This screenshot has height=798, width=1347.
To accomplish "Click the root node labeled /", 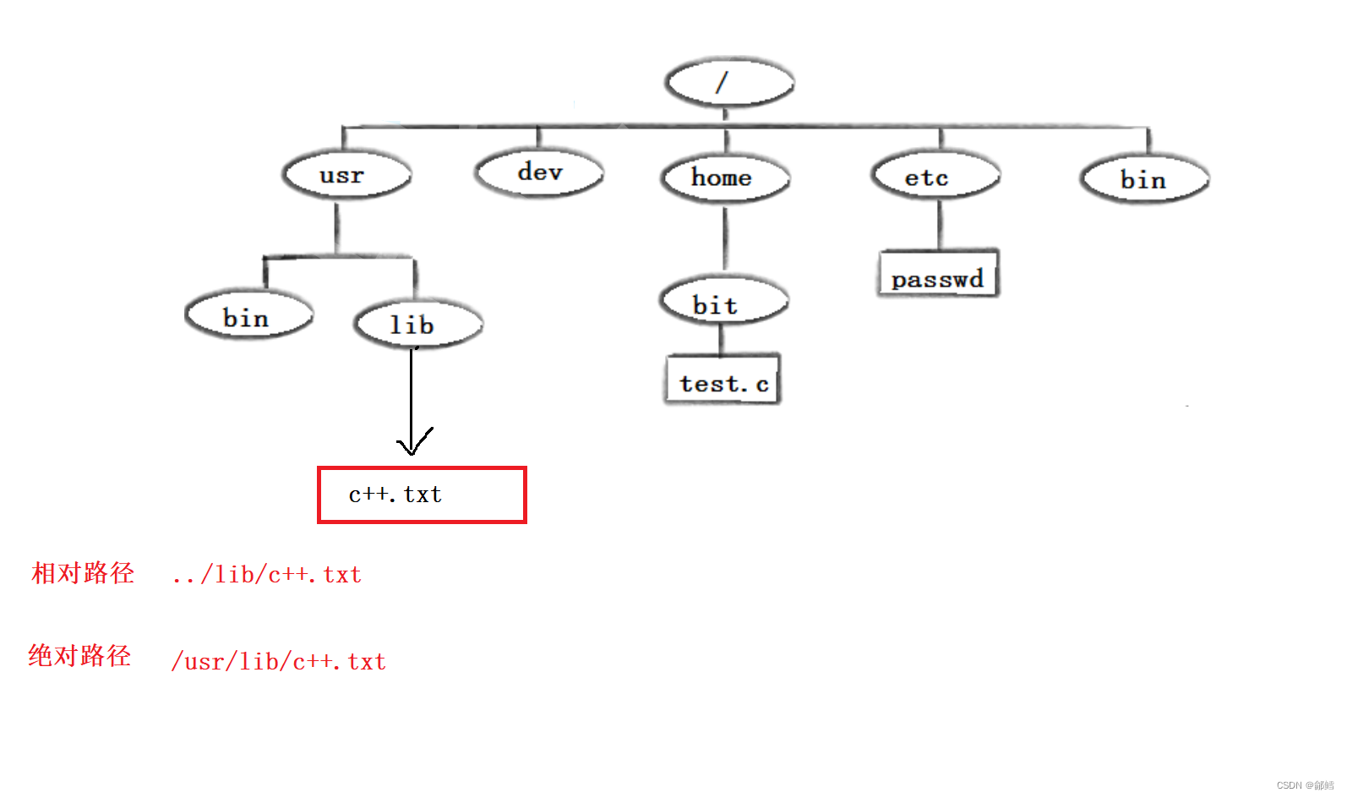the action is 729,82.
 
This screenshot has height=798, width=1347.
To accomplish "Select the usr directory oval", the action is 346,175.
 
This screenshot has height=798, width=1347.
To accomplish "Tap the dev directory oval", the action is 539,172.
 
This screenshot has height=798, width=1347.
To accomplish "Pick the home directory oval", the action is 725,178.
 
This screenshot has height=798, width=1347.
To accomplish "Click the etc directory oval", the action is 935,178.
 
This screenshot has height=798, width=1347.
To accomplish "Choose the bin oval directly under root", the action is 1144,180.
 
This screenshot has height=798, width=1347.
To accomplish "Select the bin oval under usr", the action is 248,317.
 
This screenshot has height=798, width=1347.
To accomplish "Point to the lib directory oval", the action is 418,324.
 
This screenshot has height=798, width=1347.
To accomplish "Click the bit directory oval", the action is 723,303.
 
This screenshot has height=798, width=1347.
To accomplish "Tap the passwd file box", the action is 938,274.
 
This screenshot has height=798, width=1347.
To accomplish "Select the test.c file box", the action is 723,380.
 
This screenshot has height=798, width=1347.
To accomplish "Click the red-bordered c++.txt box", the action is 422,495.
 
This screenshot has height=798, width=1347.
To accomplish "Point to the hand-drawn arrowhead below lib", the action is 412,443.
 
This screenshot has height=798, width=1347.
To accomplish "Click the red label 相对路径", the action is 83,573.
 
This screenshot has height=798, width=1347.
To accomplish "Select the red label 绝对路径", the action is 79,656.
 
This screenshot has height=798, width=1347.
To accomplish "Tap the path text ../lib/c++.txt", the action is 266,575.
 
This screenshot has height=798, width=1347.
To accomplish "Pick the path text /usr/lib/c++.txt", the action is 279,661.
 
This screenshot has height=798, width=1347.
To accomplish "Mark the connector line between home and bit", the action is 724,238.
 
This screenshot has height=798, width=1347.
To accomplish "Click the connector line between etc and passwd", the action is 939,225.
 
